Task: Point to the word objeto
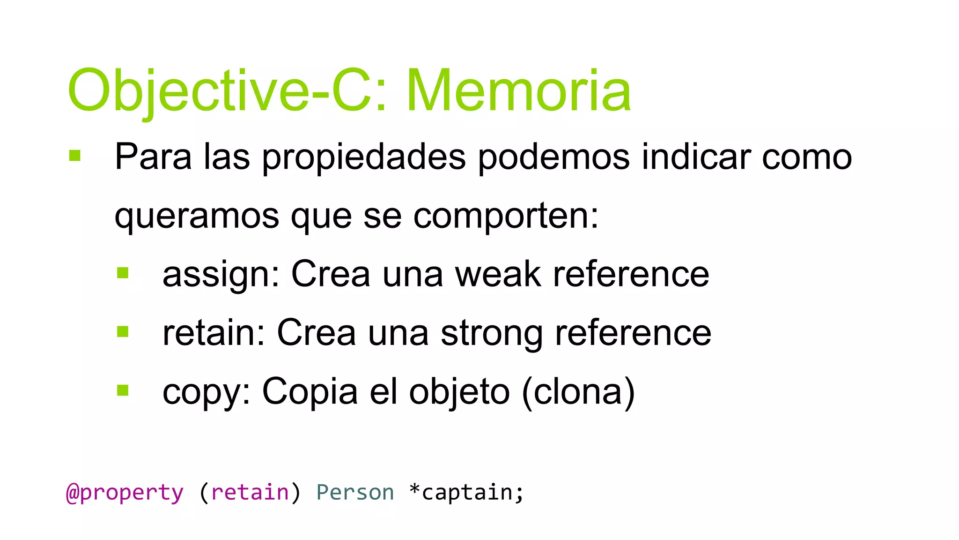pos(459,392)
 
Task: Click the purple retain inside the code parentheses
pos(250,492)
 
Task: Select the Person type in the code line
pos(355,492)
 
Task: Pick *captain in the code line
pos(466,492)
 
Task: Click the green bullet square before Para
pos(75,155)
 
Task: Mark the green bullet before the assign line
pos(123,273)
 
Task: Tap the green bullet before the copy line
pos(123,390)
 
